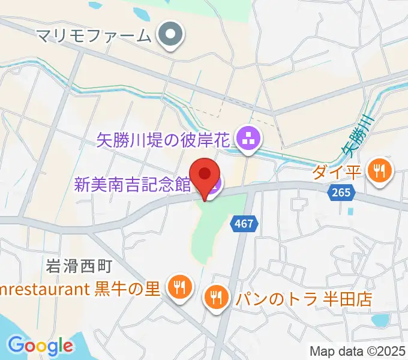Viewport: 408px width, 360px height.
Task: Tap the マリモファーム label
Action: pos(93,35)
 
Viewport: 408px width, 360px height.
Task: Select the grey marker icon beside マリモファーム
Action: pos(170,35)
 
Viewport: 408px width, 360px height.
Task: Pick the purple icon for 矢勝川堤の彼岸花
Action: pos(248,140)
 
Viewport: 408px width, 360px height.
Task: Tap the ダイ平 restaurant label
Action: pos(337,172)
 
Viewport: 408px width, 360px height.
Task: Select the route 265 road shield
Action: pos(341,193)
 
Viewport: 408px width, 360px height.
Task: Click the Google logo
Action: pos(40,346)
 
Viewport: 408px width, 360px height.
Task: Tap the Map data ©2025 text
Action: pos(358,351)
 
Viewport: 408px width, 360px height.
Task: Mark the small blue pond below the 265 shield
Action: pos(349,211)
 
